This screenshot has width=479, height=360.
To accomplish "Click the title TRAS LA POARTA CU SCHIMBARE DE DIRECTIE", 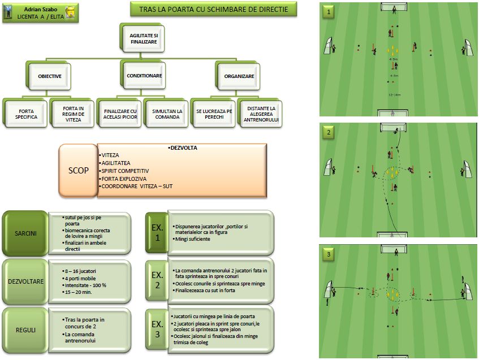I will (213, 9).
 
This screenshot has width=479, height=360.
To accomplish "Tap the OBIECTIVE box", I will (49, 76).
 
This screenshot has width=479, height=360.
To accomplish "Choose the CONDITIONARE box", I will (144, 76).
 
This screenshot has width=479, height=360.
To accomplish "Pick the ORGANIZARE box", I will (239, 76).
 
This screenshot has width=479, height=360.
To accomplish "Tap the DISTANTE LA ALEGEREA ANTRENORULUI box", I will (260, 112).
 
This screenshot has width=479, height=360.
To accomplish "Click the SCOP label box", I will (78, 171).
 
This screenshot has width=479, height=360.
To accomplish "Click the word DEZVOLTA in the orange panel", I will (180, 148).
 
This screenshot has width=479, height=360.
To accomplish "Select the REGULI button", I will (25, 328).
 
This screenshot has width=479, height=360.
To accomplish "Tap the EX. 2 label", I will (157, 280).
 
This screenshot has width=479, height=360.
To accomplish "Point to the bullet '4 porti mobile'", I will (80, 278).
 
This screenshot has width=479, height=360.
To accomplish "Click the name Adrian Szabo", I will (41, 10).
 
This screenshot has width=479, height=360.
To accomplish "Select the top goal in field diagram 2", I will (390, 129).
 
